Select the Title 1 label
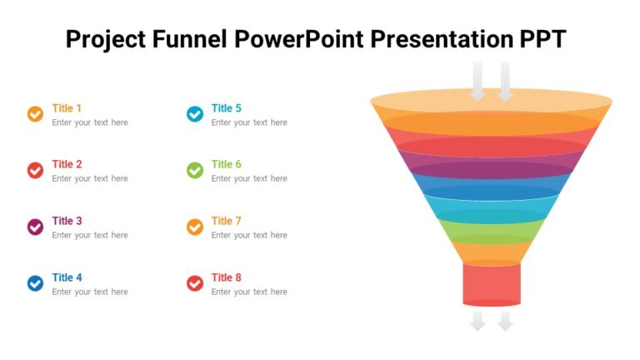click(67, 108)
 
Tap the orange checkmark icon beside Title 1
click(35, 114)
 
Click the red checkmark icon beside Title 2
click(35, 171)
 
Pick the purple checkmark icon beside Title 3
click(35, 227)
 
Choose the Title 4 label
click(67, 277)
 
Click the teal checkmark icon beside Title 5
click(194, 114)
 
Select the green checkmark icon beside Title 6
click(194, 171)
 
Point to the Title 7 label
click(226, 221)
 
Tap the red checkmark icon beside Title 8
click(194, 283)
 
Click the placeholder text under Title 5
click(249, 122)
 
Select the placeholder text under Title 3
click(90, 235)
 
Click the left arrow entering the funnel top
click(477, 82)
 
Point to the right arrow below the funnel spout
click(505, 321)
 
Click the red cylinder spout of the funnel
click(492, 283)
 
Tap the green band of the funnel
click(492, 230)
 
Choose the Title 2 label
click(67, 165)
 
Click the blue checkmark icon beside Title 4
click(35, 283)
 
